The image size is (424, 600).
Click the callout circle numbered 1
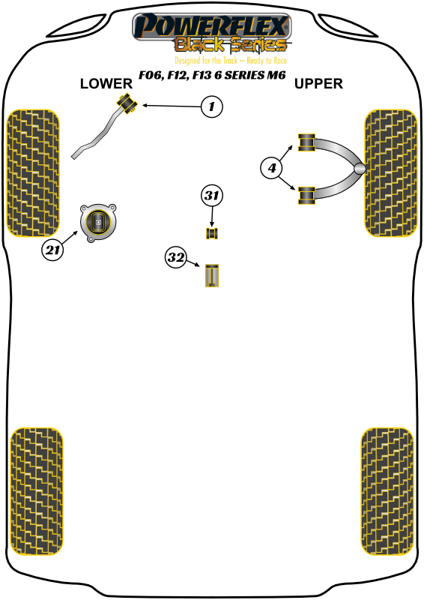point(211,107)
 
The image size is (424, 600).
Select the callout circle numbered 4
point(272,169)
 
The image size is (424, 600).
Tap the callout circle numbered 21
point(52,250)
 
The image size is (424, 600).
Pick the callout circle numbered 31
point(212,196)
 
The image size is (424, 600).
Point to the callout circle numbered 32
point(176,258)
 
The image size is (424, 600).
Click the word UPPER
point(318,84)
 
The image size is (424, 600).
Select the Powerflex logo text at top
point(211,28)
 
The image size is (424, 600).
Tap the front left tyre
point(33,172)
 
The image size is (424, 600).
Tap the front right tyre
point(390,172)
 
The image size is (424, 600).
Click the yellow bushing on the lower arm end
point(125,103)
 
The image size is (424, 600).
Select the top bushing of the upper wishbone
point(306,141)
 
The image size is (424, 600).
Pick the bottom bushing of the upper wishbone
point(306,195)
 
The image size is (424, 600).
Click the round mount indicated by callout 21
point(98,222)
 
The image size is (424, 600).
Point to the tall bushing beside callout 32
point(213,275)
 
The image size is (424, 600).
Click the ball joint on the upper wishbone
point(360,169)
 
